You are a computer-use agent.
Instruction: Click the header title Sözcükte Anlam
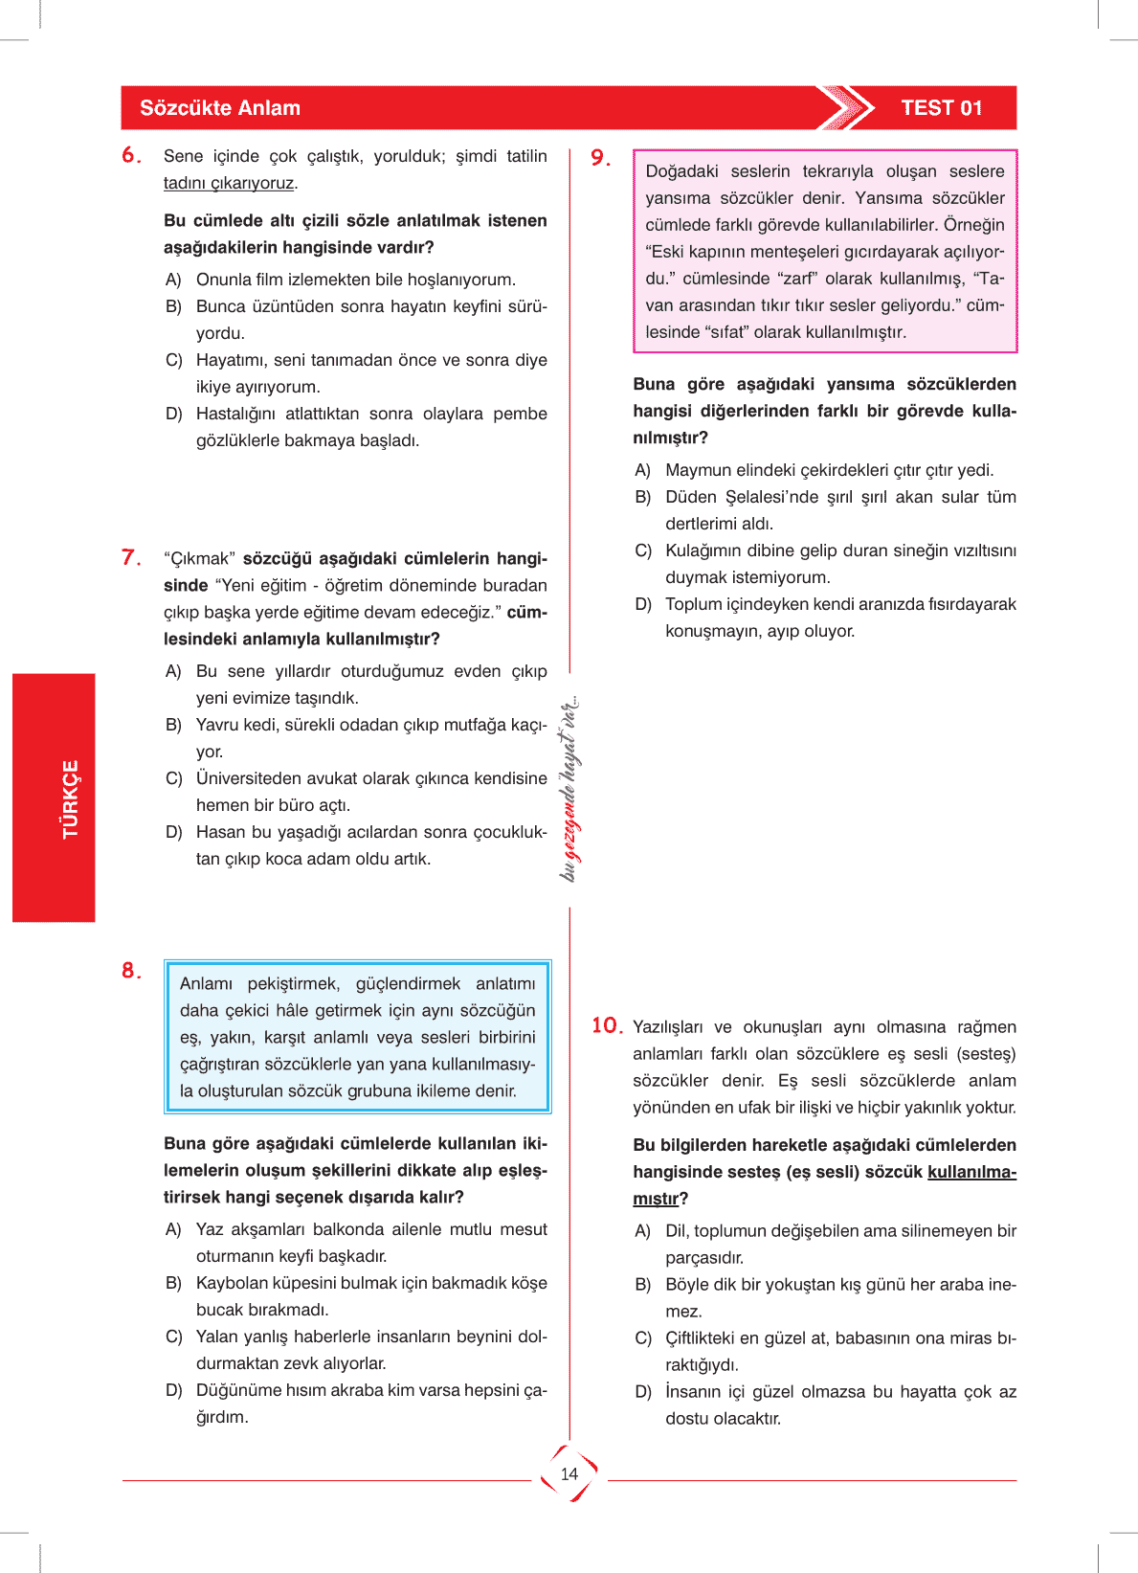tap(220, 108)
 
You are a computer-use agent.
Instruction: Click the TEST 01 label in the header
tap(941, 108)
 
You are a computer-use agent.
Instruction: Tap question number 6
tap(131, 155)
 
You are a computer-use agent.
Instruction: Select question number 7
tap(131, 557)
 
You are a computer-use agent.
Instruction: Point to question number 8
tap(131, 971)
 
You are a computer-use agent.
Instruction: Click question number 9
tap(600, 158)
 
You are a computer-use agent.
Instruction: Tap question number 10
tap(607, 1026)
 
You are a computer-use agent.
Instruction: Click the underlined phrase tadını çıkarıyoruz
tap(230, 183)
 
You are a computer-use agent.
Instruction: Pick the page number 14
tap(569, 1474)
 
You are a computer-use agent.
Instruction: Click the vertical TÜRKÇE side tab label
tap(70, 799)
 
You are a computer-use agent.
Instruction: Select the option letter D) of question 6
tap(173, 414)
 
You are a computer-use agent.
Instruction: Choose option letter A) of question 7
tap(173, 671)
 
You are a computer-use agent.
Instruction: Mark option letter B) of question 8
tap(173, 1283)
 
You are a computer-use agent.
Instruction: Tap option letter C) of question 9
tap(643, 551)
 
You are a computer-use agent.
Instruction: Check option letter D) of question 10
tap(643, 1392)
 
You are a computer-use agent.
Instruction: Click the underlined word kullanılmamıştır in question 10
tap(971, 1172)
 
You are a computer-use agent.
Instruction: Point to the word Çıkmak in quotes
tap(200, 558)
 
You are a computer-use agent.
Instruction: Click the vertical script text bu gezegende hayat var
tap(569, 790)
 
